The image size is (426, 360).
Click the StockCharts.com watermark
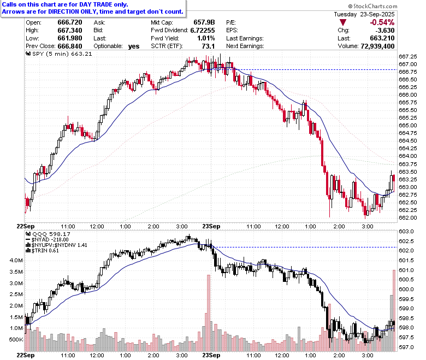pyautogui.click(x=372, y=6)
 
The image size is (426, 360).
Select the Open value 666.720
pyautogui.click(x=70, y=22)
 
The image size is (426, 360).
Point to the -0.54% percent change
pyautogui.click(x=382, y=22)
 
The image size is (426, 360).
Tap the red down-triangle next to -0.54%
pyautogui.click(x=343, y=22)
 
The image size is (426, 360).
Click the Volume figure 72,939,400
pyautogui.click(x=377, y=46)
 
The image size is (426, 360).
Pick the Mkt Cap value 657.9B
pyautogui.click(x=204, y=22)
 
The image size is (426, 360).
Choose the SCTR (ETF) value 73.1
pyautogui.click(x=209, y=46)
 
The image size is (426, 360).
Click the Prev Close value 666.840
pyautogui.click(x=70, y=46)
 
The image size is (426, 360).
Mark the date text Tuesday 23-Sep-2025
pyautogui.click(x=364, y=14)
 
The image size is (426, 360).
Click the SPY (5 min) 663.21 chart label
pyautogui.click(x=59, y=54)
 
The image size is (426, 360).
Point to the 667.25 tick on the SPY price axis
pyautogui.click(x=408, y=56)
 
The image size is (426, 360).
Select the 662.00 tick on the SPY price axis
pyautogui.click(x=408, y=217)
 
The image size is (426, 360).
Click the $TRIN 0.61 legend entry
pyautogui.click(x=43, y=251)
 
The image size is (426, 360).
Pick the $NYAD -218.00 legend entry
pyautogui.click(x=48, y=240)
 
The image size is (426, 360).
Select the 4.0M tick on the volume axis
pyautogui.click(x=16, y=260)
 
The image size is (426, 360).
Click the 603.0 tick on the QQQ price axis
pyautogui.click(x=406, y=231)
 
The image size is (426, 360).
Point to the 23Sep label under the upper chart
pyautogui.click(x=211, y=226)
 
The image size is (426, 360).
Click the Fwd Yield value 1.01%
pyautogui.click(x=206, y=38)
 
